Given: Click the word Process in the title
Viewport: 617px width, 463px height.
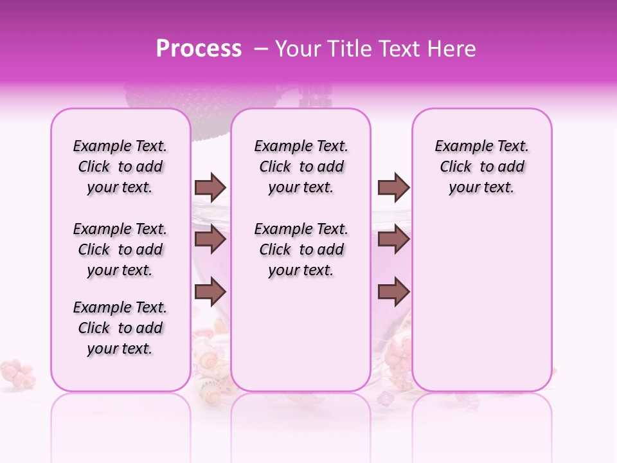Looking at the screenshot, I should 199,49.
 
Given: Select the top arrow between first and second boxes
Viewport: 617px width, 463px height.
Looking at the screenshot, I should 210,187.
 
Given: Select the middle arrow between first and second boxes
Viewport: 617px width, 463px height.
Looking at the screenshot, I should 210,239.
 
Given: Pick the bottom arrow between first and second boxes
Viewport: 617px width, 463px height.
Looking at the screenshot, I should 210,292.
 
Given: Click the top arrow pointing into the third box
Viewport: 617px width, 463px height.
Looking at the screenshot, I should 393,187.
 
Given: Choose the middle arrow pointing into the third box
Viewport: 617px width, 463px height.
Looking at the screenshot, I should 393,239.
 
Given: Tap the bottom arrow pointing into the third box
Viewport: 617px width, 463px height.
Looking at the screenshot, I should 393,292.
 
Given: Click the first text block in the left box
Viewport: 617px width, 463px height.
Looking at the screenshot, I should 120,167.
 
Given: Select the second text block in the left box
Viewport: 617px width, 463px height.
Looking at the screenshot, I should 120,250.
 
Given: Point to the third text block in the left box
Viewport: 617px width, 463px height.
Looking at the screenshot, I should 120,328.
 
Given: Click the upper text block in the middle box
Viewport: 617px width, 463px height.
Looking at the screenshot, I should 301,167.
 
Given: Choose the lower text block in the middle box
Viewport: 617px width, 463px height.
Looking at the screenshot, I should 301,250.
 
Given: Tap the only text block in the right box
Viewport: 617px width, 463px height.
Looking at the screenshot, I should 481,167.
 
